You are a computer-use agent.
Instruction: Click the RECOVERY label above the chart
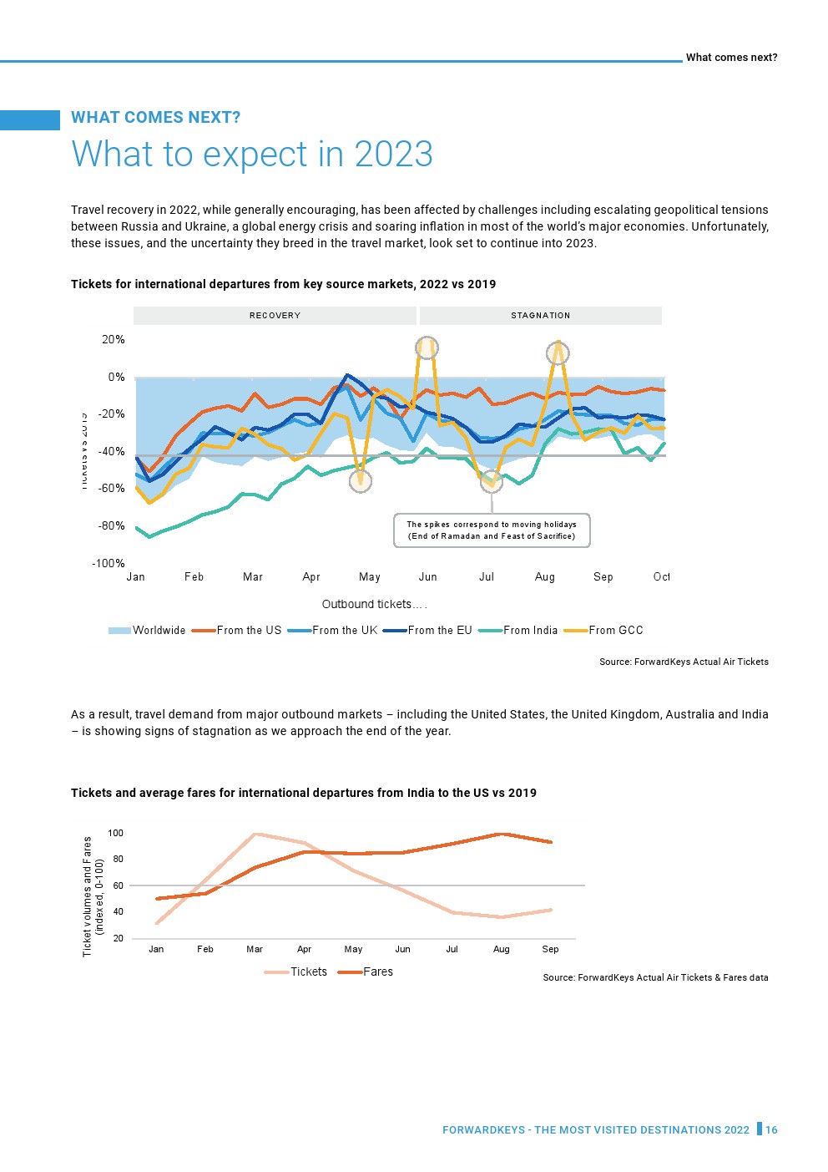pos(275,316)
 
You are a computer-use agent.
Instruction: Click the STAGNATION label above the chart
pos(540,316)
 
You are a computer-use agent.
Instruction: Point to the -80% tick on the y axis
pos(112,526)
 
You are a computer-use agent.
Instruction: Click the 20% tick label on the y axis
pos(114,340)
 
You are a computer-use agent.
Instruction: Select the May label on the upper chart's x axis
pos(369,577)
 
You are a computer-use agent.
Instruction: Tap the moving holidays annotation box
pos(492,530)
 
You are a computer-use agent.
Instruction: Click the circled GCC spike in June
pos(427,348)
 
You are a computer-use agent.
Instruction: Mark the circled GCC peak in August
pos(558,353)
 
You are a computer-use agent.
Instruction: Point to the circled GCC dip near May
pos(360,481)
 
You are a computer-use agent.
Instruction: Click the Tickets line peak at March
pos(255,834)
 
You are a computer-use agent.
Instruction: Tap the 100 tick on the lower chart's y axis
pos(115,834)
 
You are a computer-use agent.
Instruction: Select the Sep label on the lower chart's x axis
pos(550,950)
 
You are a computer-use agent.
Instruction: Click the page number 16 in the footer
pos(771,1130)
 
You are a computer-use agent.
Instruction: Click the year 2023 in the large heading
pos(393,155)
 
